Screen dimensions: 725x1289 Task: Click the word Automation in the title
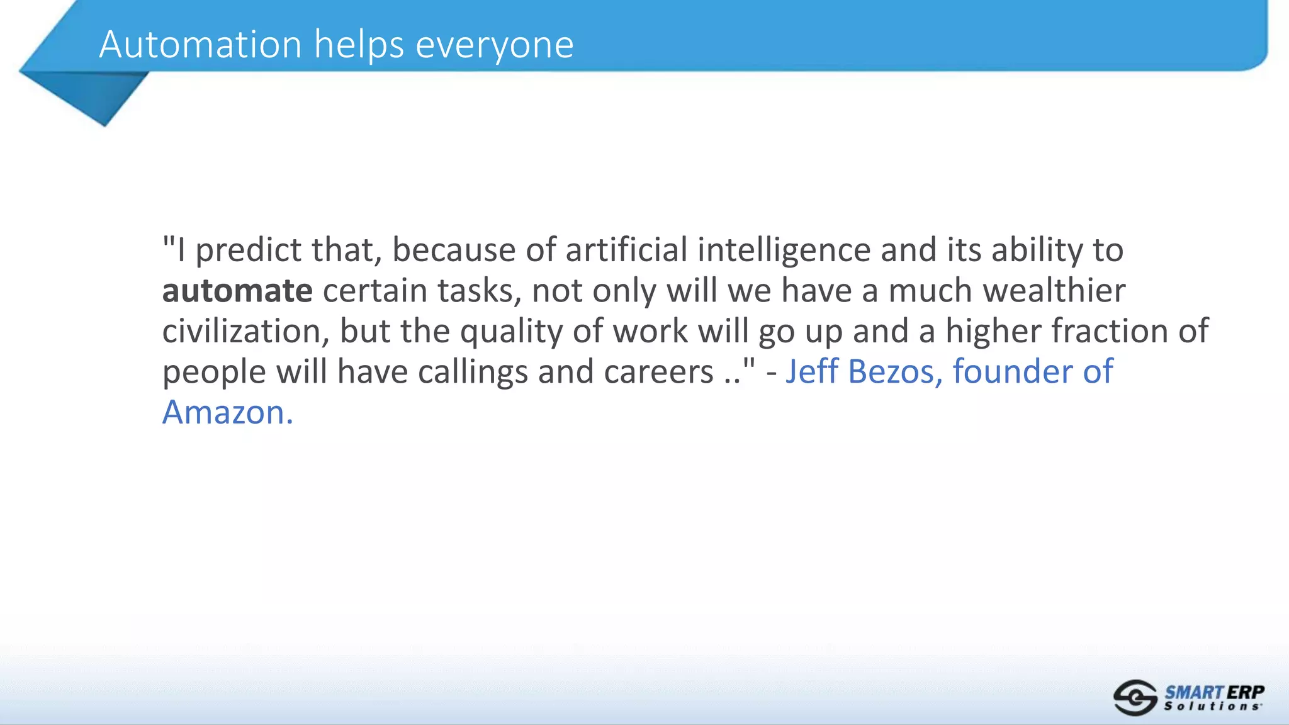(200, 45)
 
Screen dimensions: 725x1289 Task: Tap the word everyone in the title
(495, 46)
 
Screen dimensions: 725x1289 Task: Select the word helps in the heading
(359, 46)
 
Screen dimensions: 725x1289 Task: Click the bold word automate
(237, 291)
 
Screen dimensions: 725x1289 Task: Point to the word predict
(249, 250)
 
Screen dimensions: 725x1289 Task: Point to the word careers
(658, 372)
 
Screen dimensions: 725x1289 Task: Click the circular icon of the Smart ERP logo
(1135, 697)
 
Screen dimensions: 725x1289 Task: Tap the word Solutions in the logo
(1212, 707)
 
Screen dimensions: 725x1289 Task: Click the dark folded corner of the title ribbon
(94, 94)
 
